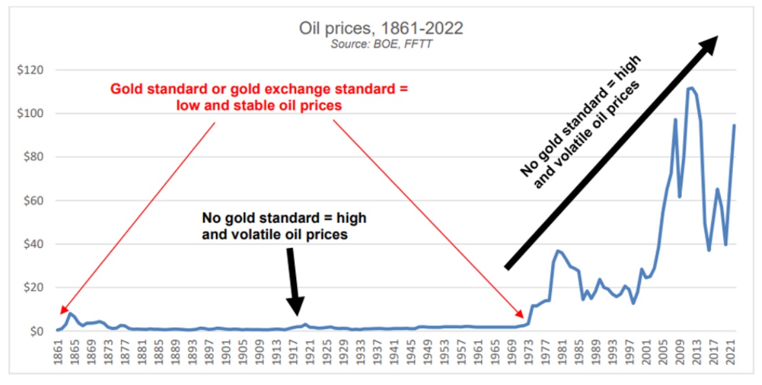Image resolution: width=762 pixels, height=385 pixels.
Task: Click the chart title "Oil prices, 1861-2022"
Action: [381, 28]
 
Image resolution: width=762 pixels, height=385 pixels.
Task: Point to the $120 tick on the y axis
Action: [30, 70]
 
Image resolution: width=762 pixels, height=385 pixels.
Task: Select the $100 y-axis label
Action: [30, 113]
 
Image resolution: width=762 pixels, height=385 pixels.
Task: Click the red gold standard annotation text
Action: [259, 96]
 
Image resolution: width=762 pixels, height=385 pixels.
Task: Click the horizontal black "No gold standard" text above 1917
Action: [285, 226]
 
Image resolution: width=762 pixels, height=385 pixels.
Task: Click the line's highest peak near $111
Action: [691, 88]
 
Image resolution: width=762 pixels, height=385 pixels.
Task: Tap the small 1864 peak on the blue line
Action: [71, 314]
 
